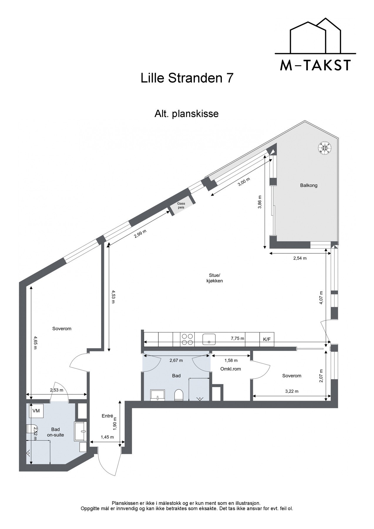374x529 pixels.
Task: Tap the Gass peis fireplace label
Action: pyautogui.click(x=181, y=205)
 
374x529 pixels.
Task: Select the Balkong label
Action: pyautogui.click(x=308, y=185)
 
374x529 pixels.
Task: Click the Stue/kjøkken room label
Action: pyautogui.click(x=214, y=278)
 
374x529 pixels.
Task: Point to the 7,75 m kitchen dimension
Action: pyautogui.click(x=237, y=338)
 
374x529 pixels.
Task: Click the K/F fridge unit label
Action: pyautogui.click(x=266, y=339)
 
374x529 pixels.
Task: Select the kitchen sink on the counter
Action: pyautogui.click(x=209, y=339)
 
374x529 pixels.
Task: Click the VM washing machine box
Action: pyautogui.click(x=36, y=411)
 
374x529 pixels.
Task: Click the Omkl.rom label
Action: pyautogui.click(x=230, y=369)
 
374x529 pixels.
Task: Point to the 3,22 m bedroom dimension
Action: pyautogui.click(x=291, y=391)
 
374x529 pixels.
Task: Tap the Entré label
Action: pyautogui.click(x=108, y=416)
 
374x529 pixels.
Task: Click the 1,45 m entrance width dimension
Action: pyautogui.click(x=107, y=437)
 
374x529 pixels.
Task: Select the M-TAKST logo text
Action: pyautogui.click(x=315, y=65)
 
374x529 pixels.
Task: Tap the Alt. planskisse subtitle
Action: pyautogui.click(x=187, y=113)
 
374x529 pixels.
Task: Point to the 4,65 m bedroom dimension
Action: pyautogui.click(x=35, y=342)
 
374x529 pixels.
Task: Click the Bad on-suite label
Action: pyautogui.click(x=55, y=432)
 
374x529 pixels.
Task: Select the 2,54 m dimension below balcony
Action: pyautogui.click(x=300, y=258)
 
